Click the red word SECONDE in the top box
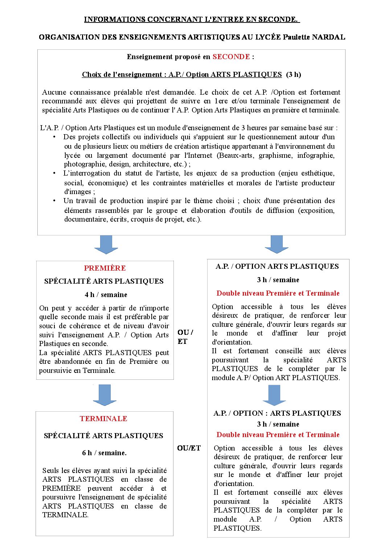click(x=231, y=57)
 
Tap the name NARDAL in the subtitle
click(x=328, y=37)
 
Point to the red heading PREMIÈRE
click(x=105, y=268)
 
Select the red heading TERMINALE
click(x=103, y=419)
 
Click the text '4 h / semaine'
click(x=106, y=295)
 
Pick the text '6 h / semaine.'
click(x=104, y=453)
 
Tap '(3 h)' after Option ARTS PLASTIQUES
click(x=293, y=74)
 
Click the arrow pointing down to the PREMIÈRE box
click(x=106, y=244)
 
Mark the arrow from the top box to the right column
click(x=277, y=244)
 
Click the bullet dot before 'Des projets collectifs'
click(x=54, y=137)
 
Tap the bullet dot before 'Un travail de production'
click(x=54, y=201)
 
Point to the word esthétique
click(x=315, y=173)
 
